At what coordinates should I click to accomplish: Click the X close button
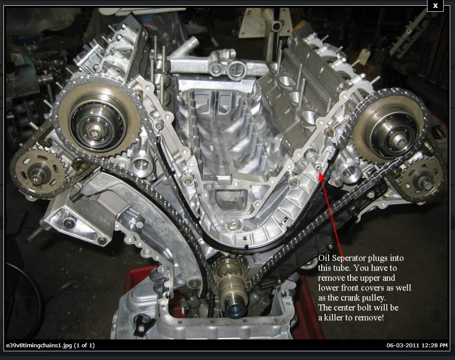click(435, 6)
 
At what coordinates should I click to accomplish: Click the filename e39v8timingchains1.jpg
click(39, 346)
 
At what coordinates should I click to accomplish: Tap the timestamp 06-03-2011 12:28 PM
click(417, 345)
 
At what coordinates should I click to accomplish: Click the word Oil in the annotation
click(324, 258)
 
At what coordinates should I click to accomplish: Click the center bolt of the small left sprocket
click(37, 175)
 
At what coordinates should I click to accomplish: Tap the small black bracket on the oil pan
click(143, 324)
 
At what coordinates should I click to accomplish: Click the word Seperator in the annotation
click(349, 259)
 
